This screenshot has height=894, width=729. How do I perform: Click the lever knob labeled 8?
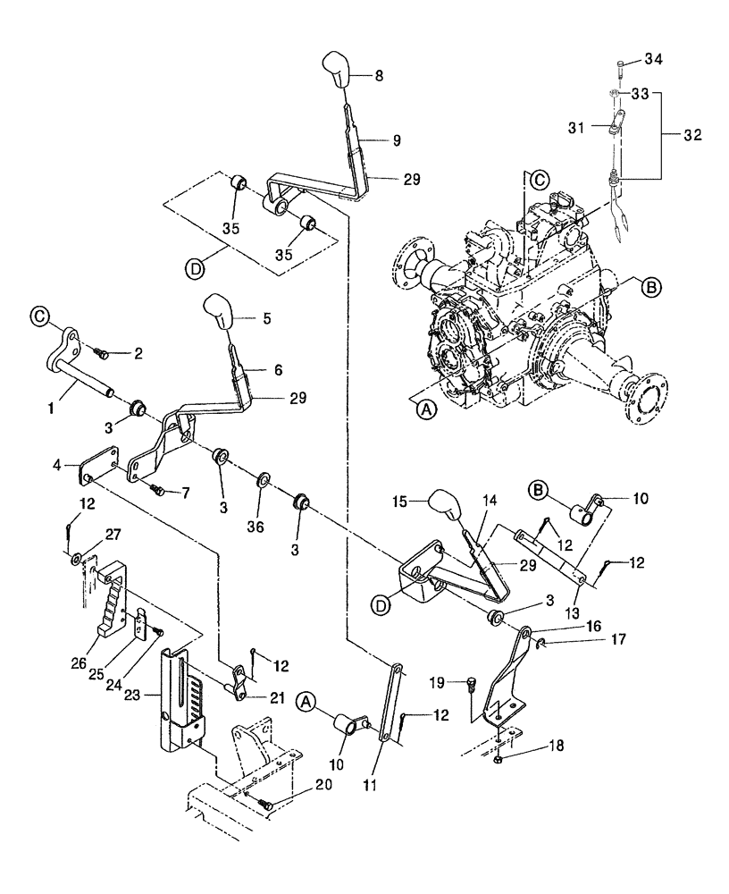click(x=336, y=71)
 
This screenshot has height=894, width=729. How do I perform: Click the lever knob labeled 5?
click(x=220, y=312)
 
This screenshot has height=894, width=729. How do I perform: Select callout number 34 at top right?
click(x=656, y=60)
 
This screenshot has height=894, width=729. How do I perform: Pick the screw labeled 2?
click(x=102, y=355)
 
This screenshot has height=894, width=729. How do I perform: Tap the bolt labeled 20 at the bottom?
click(x=266, y=803)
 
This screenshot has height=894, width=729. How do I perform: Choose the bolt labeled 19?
click(x=471, y=686)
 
